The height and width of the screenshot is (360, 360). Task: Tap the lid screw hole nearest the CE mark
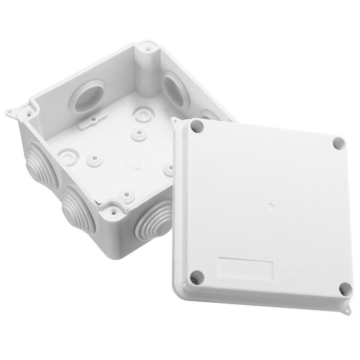point(345,288)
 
